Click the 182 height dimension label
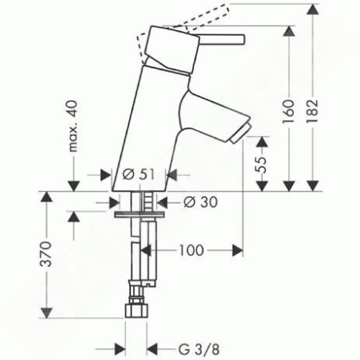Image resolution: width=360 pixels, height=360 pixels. coord(313,111)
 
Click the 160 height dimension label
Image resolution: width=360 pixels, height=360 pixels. coord(289,112)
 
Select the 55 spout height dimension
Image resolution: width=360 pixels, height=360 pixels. coord(261,165)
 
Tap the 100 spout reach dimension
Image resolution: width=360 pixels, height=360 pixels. coord(192,250)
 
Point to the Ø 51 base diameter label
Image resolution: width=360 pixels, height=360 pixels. coord(139,174)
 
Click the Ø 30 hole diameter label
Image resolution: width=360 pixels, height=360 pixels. coord(201,202)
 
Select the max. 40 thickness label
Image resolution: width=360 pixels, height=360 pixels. coord(73,126)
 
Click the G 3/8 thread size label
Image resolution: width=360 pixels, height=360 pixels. coord(199,349)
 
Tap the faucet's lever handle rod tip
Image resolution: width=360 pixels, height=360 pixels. coord(243,39)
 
